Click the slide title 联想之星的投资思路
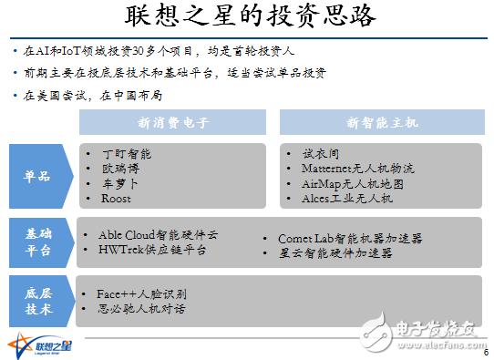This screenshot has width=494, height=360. pyautogui.click(x=246, y=19)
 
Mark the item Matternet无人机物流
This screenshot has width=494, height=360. pyautogui.click(x=357, y=169)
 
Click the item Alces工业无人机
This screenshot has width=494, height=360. pyautogui.click(x=346, y=198)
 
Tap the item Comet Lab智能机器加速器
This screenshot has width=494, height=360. pyautogui.click(x=350, y=238)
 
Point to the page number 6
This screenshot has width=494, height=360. pyautogui.click(x=485, y=353)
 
